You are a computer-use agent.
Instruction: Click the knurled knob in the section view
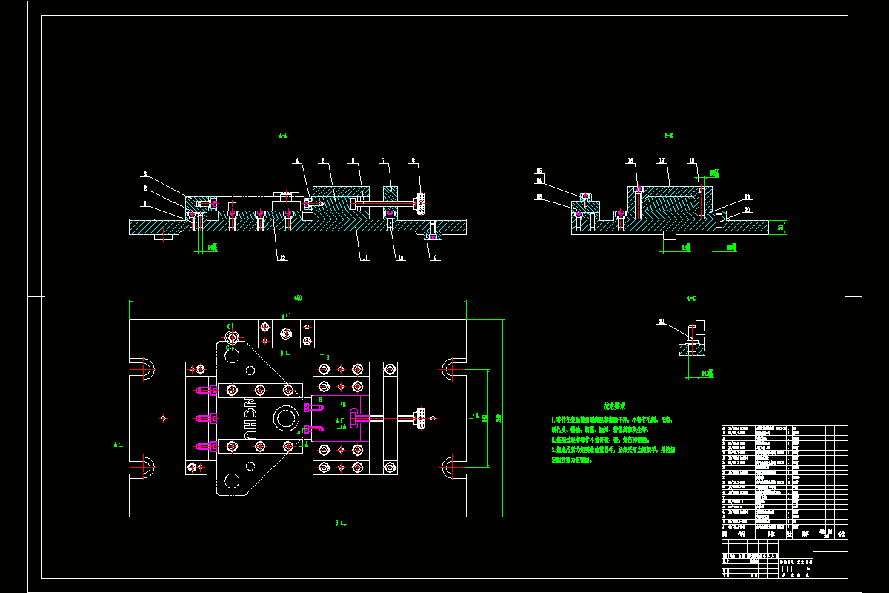(x=421, y=201)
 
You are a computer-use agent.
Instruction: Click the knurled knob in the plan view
(x=421, y=419)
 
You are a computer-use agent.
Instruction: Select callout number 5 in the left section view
(x=323, y=161)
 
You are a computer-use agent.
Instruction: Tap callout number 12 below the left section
(x=282, y=258)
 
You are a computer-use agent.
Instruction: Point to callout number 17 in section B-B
(x=660, y=160)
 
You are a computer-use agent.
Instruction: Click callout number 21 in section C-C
(x=662, y=321)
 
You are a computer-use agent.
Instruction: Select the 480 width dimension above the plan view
(x=298, y=298)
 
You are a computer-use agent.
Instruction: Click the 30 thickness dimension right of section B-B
(x=781, y=227)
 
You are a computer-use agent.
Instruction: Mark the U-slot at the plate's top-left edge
(x=142, y=368)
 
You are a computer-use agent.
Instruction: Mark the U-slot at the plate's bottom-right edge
(x=453, y=468)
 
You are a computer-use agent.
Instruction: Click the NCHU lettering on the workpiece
(x=250, y=420)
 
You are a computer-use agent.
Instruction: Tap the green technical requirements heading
(x=614, y=406)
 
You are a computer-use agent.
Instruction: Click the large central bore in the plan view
(x=284, y=419)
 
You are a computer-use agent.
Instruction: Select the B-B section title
(x=668, y=136)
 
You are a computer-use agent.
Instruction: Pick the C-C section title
(x=692, y=298)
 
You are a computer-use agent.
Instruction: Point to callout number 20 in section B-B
(x=747, y=210)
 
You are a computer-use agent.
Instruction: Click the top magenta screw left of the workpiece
(x=202, y=390)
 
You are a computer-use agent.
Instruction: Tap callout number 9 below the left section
(x=435, y=258)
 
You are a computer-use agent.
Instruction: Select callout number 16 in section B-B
(x=539, y=171)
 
